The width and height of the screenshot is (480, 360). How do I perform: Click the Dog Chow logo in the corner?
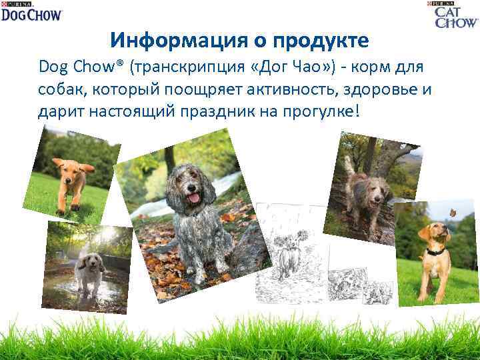(31, 11)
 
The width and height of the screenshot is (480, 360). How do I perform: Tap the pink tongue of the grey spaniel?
(194, 197)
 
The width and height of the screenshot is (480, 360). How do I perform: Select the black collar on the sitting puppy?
(435, 252)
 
